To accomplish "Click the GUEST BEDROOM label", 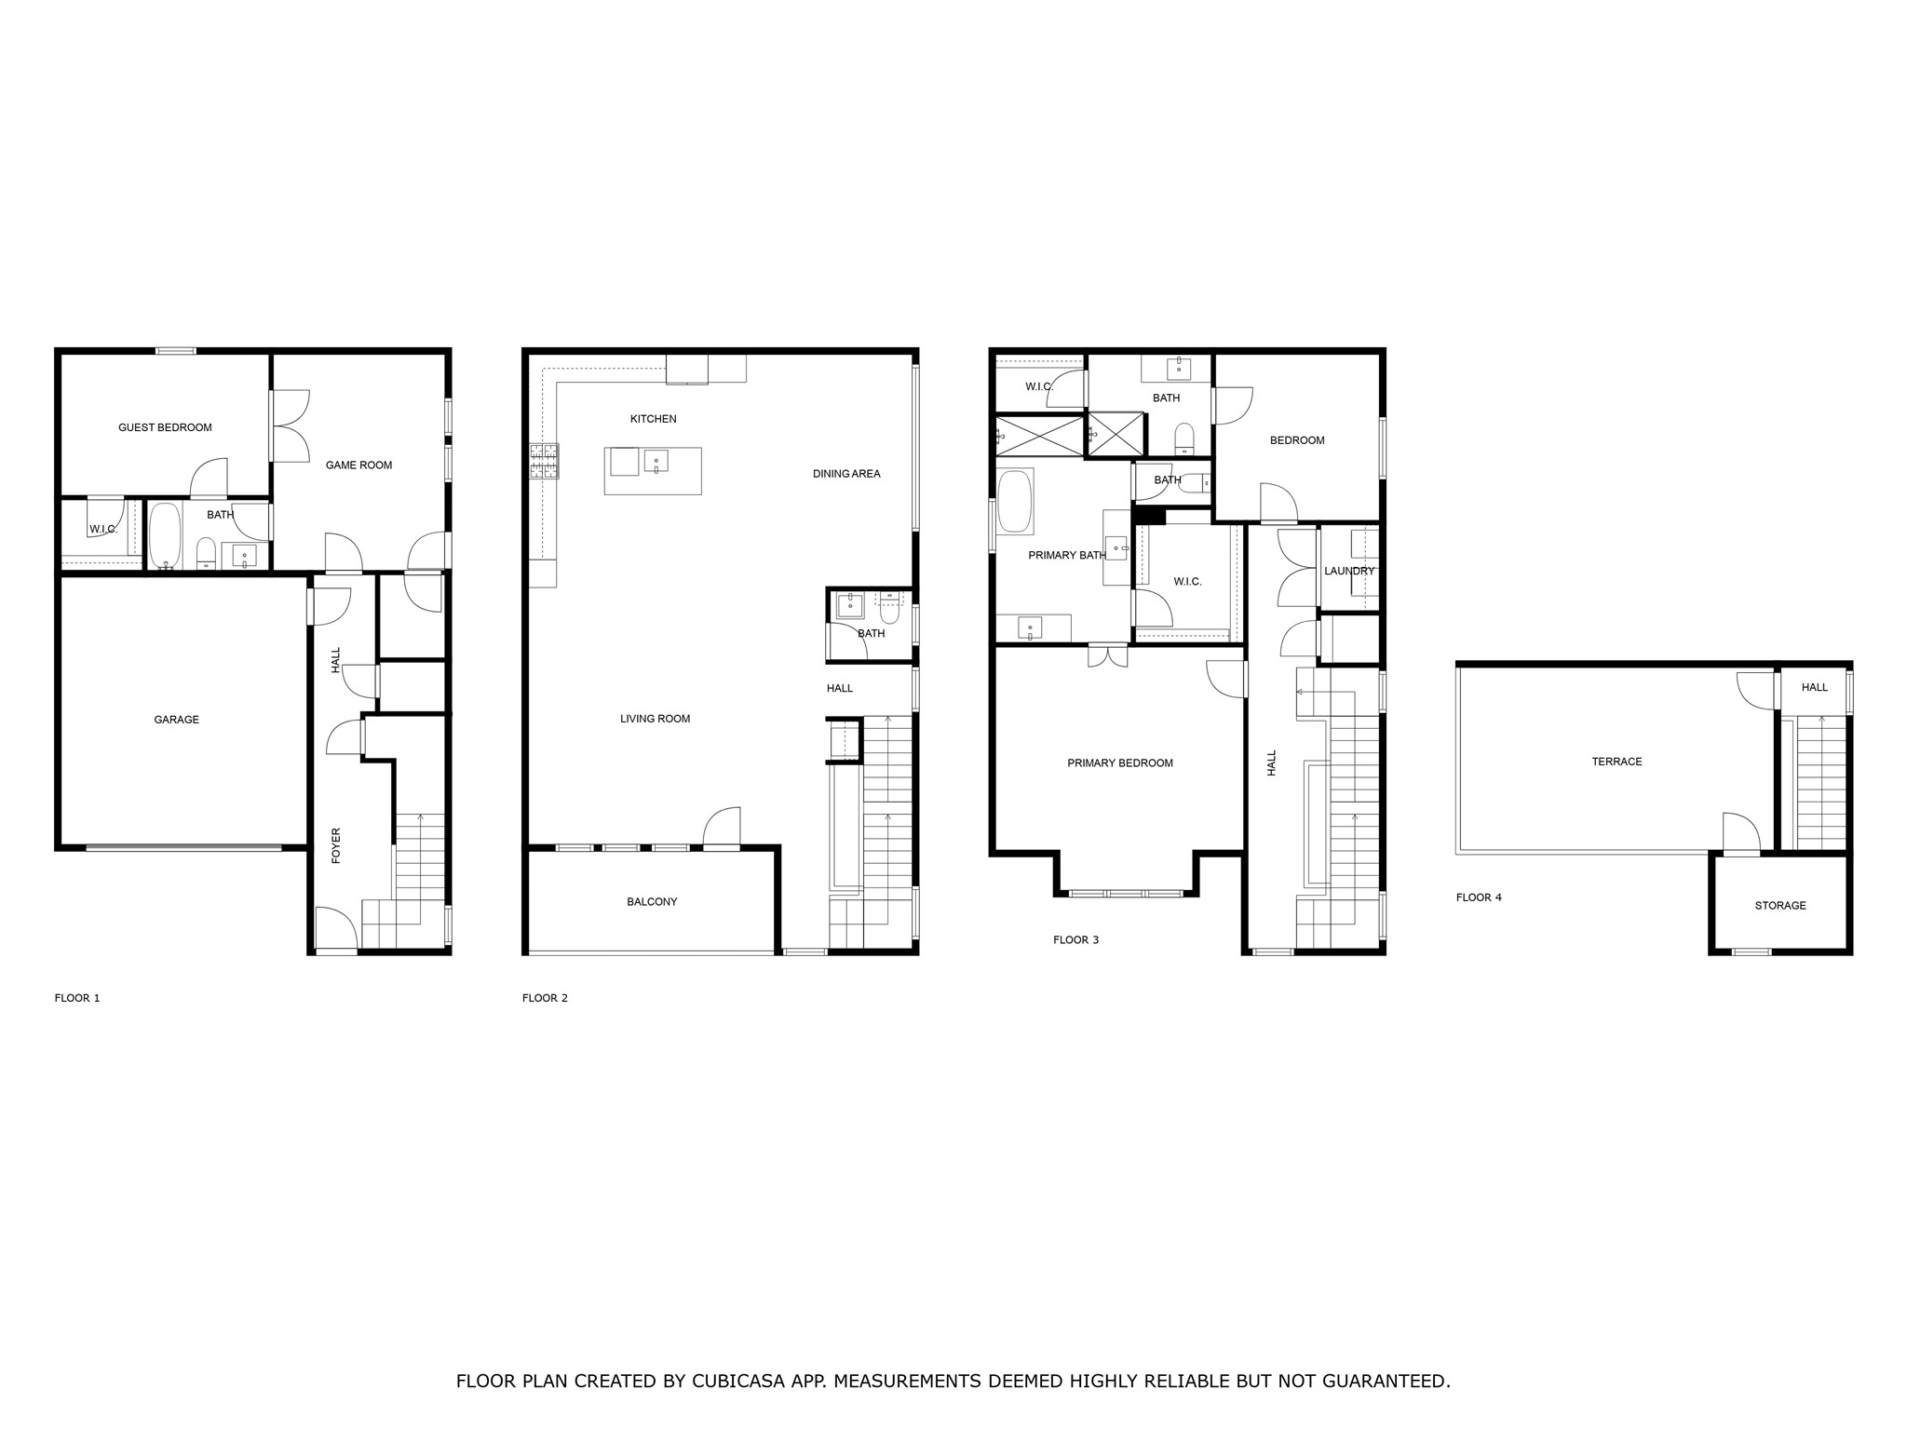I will (x=165, y=427).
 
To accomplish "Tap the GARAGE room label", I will (x=176, y=720).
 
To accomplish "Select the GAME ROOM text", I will (x=358, y=465).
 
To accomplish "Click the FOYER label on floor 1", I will (x=336, y=845).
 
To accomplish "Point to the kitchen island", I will (x=652, y=471).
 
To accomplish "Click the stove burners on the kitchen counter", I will (x=544, y=461).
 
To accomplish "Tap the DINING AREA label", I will (x=845, y=474).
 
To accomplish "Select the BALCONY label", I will (x=652, y=902).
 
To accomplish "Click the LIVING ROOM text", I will (x=655, y=719).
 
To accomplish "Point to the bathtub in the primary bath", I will (x=1015, y=502).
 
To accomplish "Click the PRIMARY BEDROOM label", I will (x=1119, y=763).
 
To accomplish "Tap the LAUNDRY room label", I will (x=1348, y=572).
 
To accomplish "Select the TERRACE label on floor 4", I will (x=1616, y=762).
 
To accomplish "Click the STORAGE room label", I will (x=1779, y=906).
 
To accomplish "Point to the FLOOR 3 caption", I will (x=1075, y=940).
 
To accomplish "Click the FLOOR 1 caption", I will (x=77, y=998).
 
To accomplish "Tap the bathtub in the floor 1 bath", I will (x=165, y=536).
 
